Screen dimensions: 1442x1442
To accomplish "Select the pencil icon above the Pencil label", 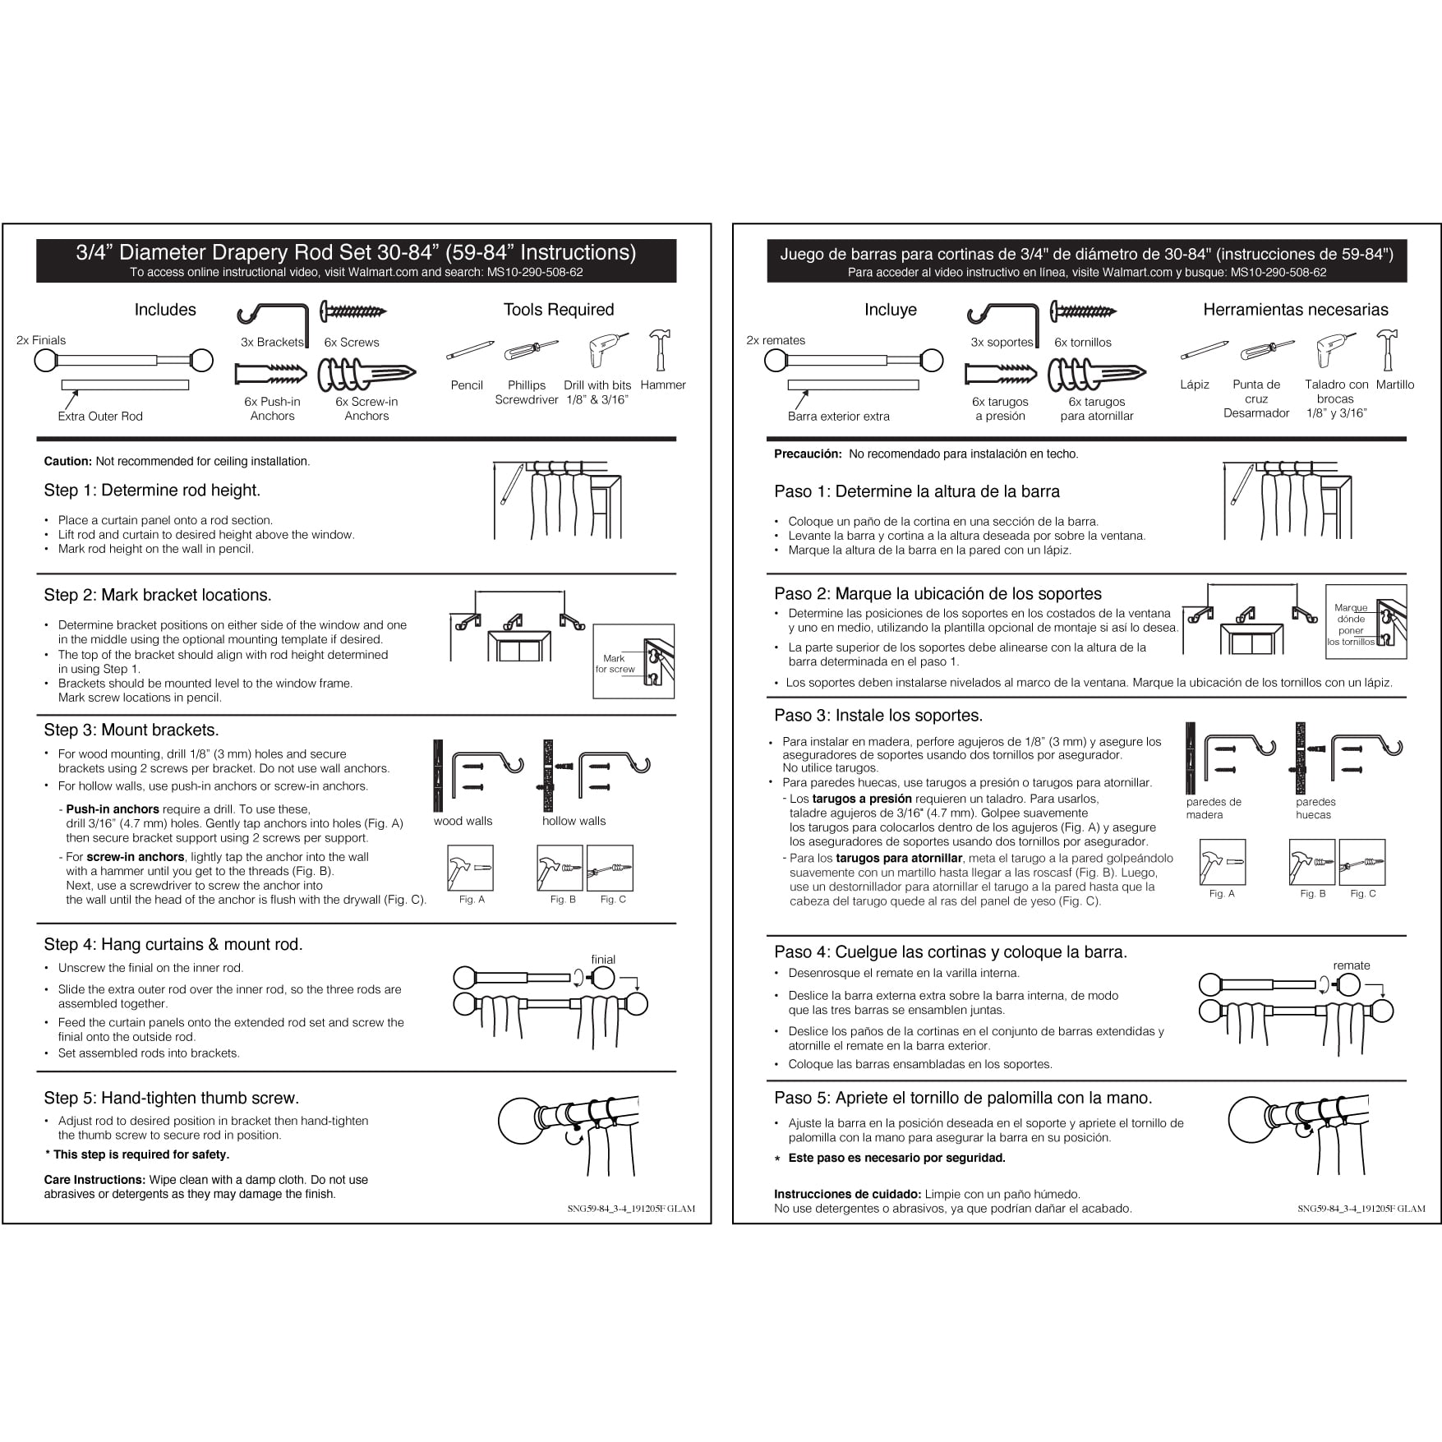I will tap(470, 351).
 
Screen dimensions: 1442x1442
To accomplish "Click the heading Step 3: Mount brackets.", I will tap(131, 730).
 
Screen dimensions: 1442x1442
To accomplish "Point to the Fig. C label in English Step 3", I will tap(612, 900).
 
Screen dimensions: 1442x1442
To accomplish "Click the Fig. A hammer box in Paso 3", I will tap(1222, 863).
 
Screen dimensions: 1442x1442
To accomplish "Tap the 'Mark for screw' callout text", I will tap(615, 664).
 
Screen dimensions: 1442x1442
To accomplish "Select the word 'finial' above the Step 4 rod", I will tap(603, 959).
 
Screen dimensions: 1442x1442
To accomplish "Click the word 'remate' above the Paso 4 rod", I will tap(1352, 965).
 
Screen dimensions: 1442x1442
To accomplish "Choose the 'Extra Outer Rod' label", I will tap(100, 417).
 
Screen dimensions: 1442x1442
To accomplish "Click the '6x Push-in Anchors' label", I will tap(272, 409).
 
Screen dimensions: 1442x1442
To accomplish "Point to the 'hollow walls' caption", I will tap(574, 821).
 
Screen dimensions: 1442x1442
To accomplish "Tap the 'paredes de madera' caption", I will tap(1213, 809).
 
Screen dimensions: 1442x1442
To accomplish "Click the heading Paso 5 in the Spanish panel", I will tap(962, 1098).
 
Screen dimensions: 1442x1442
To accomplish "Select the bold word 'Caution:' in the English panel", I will tap(68, 462).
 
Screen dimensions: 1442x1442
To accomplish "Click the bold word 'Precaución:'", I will tap(808, 454).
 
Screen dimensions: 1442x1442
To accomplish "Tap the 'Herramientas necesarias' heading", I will tap(1295, 310).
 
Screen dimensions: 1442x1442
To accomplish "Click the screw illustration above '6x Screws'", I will tap(353, 311).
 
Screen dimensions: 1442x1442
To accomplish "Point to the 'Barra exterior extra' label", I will tap(838, 417).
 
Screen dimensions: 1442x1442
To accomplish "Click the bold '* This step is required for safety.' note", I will tap(137, 1154).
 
